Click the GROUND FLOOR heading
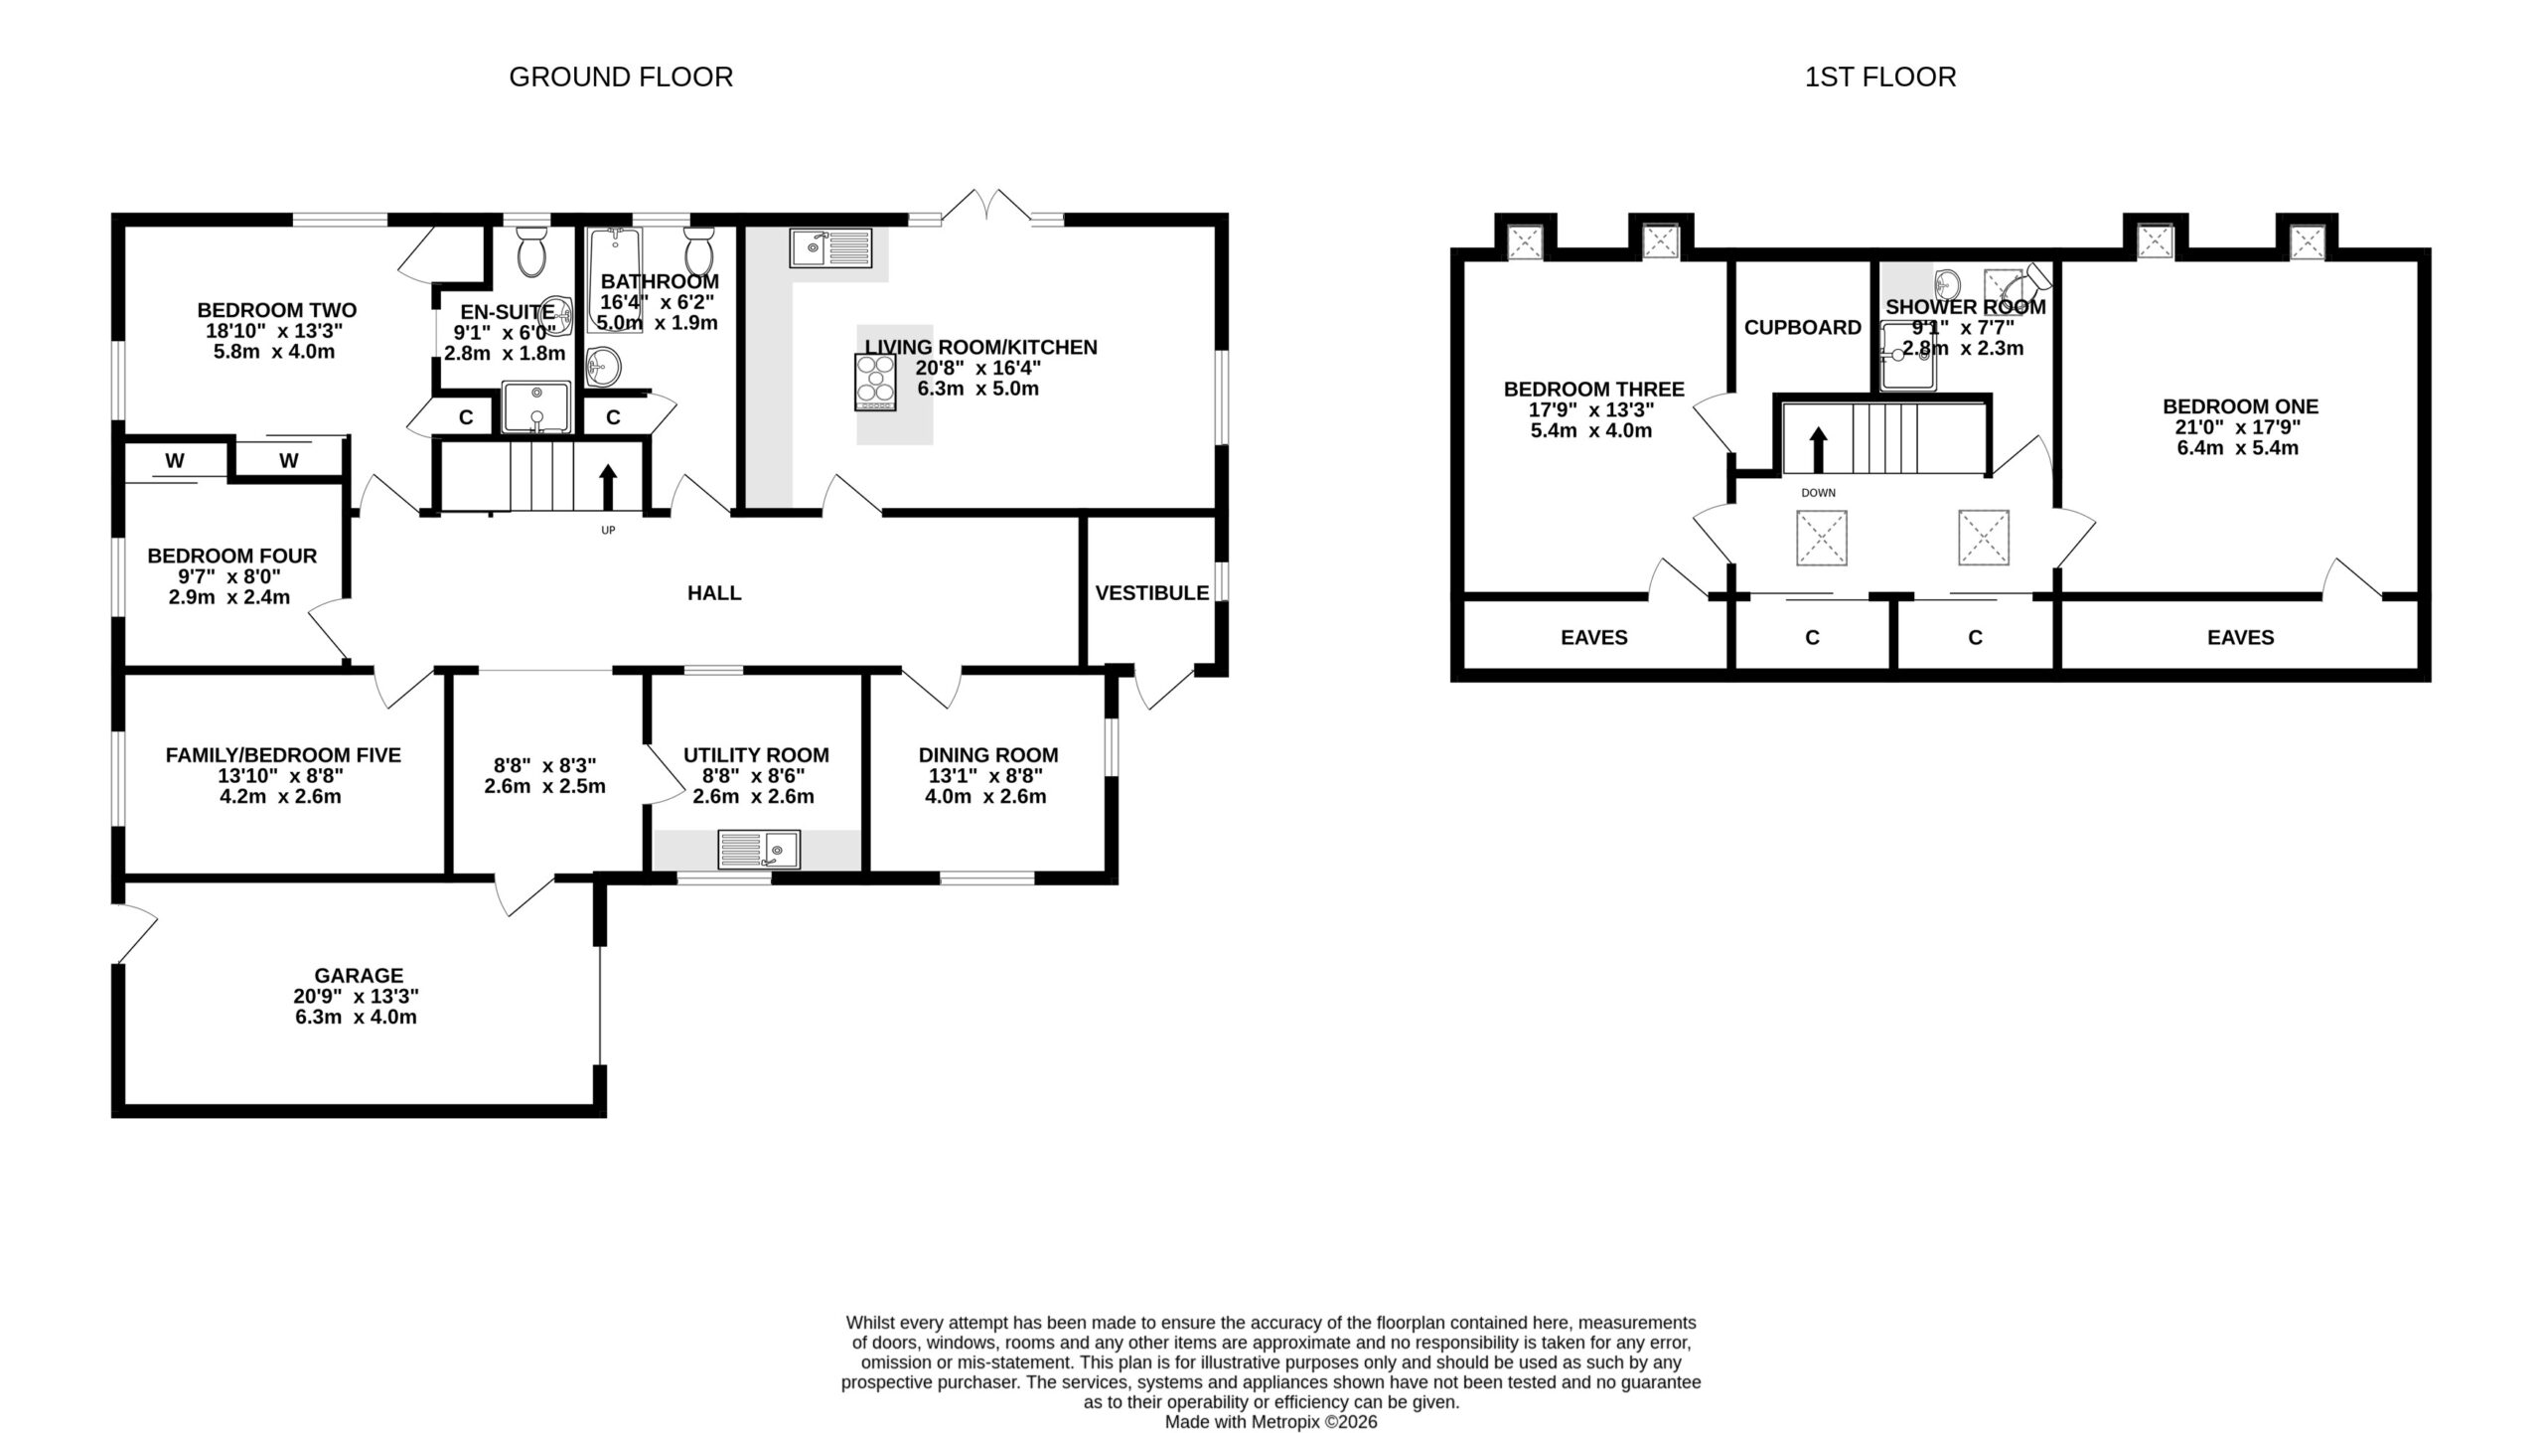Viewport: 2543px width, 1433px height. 621,77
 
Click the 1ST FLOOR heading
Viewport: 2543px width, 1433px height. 1880,77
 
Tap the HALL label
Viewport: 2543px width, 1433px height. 714,593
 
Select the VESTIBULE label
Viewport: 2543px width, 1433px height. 1152,593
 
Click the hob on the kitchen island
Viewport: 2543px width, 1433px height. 875,383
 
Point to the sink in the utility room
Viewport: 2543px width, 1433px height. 759,850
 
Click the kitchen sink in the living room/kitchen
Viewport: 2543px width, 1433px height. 830,247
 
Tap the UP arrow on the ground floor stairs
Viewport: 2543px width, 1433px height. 608,487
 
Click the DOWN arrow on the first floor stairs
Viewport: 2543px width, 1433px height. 1819,449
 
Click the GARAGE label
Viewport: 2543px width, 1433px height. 359,976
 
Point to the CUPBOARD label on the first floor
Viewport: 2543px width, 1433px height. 1803,327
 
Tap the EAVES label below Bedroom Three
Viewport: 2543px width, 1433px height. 1594,638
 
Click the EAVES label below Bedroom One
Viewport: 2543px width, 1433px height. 2241,638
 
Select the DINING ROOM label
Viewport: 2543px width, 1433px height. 988,755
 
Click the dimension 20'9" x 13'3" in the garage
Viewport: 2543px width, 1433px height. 357,997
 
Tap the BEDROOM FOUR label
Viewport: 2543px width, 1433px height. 232,557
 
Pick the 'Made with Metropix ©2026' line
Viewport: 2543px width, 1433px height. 1271,1422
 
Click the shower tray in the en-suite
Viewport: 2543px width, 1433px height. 536,406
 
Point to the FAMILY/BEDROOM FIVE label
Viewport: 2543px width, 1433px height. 283,755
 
